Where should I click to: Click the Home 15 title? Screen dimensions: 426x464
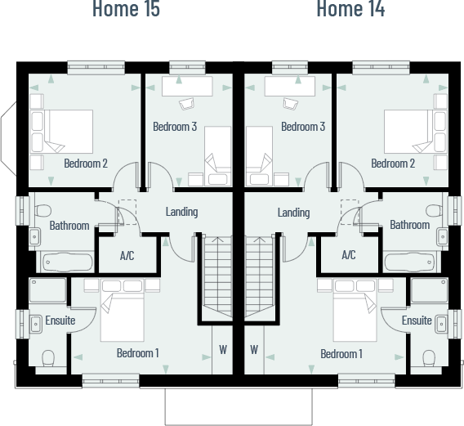125,10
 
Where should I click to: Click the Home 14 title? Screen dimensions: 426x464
350,10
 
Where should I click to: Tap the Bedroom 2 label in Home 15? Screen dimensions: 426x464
86,163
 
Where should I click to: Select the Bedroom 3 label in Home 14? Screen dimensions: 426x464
303,127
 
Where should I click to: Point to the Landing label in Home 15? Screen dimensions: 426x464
181,212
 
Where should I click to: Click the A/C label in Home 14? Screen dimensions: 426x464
349,255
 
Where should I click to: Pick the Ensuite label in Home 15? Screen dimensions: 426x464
60,321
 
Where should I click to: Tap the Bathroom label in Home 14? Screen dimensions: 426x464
409,225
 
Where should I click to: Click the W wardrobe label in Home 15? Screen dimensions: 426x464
222,349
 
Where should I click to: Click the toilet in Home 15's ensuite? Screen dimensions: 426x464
47,358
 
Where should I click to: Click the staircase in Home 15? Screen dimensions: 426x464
216,278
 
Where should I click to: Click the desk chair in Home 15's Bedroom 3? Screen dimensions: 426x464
186,102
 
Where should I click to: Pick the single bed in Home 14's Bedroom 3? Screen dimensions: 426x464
260,151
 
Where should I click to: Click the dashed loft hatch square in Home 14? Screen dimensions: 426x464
349,208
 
